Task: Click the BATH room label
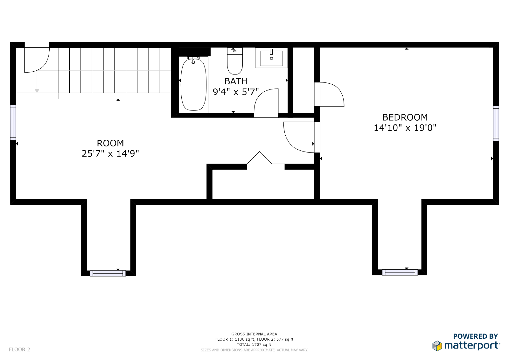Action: (x=236, y=81)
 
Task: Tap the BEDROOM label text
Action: (x=405, y=117)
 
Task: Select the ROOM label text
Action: (x=110, y=143)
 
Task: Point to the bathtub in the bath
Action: (x=193, y=84)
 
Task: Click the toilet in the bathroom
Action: (x=235, y=61)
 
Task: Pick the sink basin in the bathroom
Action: (x=271, y=58)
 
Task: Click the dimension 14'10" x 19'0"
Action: (x=405, y=128)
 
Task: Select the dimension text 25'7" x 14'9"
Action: (x=110, y=153)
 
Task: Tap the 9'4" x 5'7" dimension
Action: (x=236, y=92)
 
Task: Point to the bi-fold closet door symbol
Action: (x=259, y=157)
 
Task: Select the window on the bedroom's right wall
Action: (x=496, y=123)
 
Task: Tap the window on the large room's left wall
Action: (x=13, y=122)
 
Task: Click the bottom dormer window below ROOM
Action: (x=108, y=273)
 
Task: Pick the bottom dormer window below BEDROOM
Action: (x=400, y=272)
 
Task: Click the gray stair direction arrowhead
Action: (x=37, y=91)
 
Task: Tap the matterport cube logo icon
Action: (x=437, y=346)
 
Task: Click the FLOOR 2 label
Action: (x=19, y=349)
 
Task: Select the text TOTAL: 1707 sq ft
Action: (x=254, y=344)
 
